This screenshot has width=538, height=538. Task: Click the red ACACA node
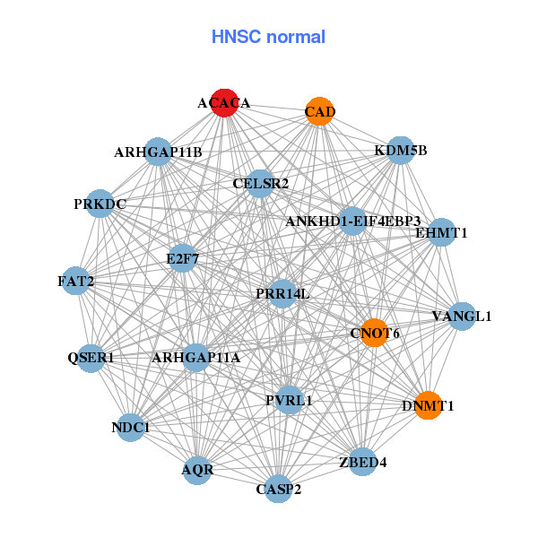click(224, 103)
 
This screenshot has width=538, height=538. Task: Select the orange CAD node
click(319, 111)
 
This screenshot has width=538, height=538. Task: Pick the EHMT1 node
click(441, 232)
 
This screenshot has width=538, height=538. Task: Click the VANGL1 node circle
click(461, 316)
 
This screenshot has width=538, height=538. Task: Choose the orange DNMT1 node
click(428, 404)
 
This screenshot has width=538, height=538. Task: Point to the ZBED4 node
click(362, 461)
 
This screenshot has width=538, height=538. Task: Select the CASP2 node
click(279, 488)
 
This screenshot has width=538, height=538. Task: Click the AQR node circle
click(197, 469)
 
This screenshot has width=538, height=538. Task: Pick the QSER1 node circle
click(91, 358)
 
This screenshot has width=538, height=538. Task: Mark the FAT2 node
click(76, 281)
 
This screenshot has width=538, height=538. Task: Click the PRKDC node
click(100, 204)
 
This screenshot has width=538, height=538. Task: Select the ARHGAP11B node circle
click(158, 152)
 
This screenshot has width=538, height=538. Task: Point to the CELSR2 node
click(260, 184)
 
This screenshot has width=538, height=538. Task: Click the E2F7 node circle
click(183, 258)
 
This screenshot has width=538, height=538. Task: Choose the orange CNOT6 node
click(374, 333)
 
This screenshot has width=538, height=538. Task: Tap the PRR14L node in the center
click(282, 293)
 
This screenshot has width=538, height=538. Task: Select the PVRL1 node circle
click(289, 399)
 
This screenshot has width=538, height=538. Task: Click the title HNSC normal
click(268, 37)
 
